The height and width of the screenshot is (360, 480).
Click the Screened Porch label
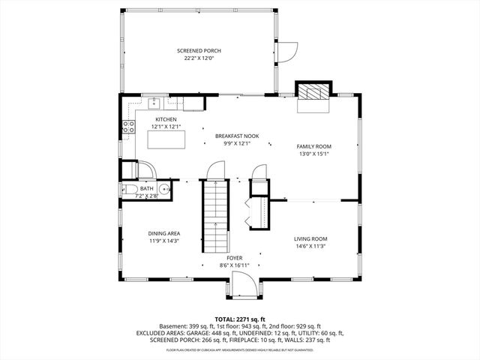199,50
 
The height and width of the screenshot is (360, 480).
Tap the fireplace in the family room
312,92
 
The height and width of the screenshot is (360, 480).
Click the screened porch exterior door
285,52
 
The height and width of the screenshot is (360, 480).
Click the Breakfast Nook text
236,136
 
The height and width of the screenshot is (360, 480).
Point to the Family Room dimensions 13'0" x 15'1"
314,154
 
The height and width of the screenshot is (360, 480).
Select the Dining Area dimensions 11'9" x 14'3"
163,241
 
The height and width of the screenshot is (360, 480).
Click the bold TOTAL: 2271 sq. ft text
240,318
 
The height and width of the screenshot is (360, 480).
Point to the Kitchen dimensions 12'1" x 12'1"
166,127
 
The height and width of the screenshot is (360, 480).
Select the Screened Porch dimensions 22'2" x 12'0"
199,58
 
